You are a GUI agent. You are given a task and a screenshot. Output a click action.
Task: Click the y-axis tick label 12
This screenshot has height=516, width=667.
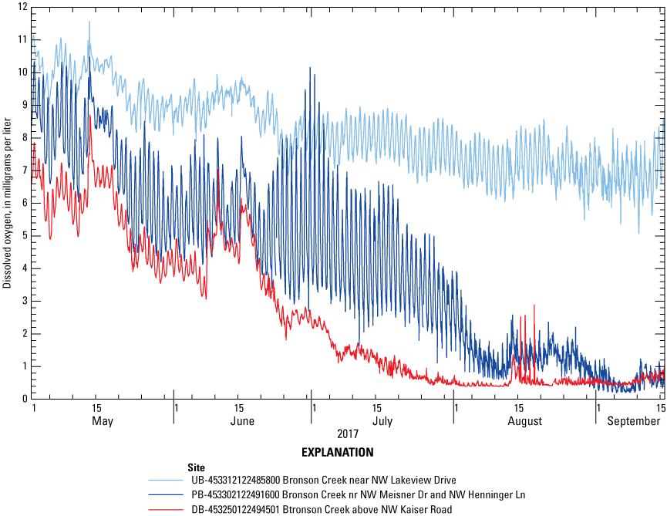[x=23, y=7]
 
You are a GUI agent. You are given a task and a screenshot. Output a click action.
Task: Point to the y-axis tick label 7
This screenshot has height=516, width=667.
[x=25, y=170]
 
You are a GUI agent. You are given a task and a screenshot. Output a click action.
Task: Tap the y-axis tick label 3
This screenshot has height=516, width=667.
[x=25, y=301]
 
